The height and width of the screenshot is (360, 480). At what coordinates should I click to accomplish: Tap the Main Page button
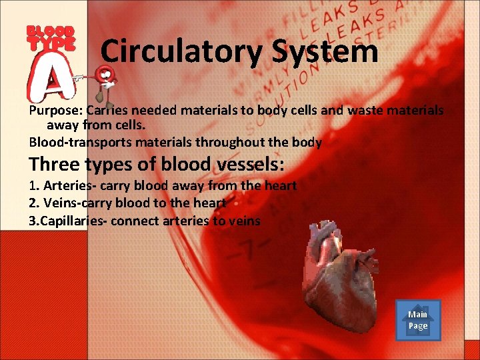[418, 321]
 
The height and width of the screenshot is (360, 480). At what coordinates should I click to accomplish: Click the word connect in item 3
[135, 221]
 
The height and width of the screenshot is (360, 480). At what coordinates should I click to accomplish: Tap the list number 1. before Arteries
[35, 186]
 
